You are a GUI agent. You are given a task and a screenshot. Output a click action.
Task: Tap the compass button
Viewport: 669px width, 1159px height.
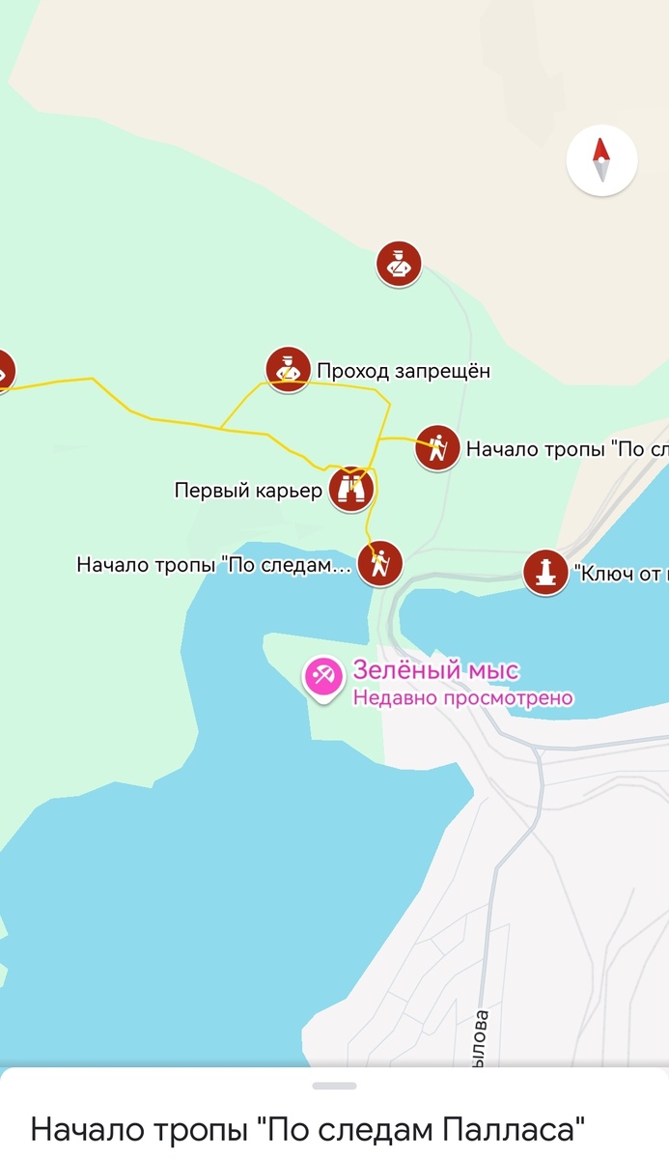[x=601, y=161]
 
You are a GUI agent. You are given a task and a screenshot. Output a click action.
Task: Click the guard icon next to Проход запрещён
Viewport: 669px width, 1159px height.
[x=288, y=370]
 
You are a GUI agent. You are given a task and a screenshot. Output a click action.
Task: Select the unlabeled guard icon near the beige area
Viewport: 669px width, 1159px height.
[x=399, y=264]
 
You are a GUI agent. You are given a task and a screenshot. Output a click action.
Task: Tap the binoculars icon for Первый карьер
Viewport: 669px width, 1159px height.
[x=351, y=489]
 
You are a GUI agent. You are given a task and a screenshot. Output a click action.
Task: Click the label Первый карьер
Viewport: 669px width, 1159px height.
[x=248, y=491]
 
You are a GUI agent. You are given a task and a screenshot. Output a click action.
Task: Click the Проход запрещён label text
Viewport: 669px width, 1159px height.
[x=404, y=371]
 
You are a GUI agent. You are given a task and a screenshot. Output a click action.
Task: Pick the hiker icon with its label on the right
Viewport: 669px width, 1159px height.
[x=437, y=448]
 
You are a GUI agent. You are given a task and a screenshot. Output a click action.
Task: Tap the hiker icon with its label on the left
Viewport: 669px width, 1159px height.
[x=379, y=563]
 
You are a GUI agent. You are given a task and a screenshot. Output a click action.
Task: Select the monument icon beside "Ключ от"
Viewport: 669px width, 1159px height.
[x=545, y=572]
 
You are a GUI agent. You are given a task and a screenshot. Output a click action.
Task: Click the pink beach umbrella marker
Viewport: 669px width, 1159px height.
[x=323, y=676]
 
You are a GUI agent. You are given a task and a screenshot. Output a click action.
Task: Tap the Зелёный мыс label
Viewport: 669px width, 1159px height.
[x=435, y=670]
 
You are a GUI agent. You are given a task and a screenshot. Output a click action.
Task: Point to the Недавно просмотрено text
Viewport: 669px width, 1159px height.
[x=462, y=697]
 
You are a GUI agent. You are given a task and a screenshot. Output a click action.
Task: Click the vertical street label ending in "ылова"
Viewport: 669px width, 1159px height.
[x=483, y=1038]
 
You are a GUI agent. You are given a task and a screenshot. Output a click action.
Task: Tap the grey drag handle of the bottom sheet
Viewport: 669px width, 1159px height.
[x=334, y=1086]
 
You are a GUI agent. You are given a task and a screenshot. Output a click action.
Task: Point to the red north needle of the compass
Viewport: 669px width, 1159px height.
[x=601, y=150]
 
